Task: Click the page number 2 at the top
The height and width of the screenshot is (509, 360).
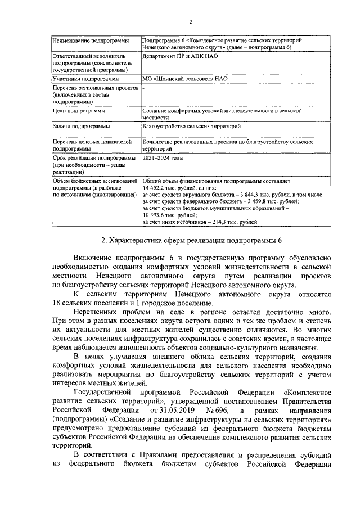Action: [191, 22]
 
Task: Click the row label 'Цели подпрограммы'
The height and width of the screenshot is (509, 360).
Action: [78, 111]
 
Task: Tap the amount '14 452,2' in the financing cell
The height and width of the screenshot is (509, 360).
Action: [154, 187]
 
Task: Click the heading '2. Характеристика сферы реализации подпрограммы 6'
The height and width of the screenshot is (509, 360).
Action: [191, 241]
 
